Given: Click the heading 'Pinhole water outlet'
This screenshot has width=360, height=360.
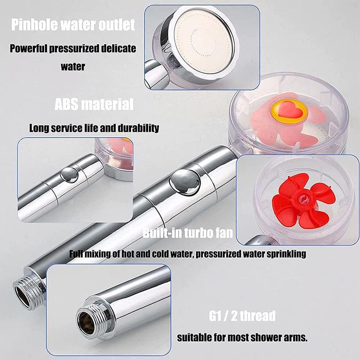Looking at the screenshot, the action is coord(73,25).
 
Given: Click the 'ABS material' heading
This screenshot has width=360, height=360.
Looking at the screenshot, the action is coord(94,104).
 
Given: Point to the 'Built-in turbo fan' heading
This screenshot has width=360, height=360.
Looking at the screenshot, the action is coord(188,233).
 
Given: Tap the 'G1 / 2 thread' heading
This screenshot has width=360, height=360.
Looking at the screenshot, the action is coord(242,316).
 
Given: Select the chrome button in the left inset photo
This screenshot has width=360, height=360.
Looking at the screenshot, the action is coord(69,175).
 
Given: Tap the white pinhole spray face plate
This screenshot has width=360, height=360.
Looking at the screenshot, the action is coord(203,42).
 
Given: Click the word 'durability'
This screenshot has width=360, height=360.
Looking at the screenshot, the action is coord(139,128).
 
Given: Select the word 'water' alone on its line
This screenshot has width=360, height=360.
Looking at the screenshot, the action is coord(73,67).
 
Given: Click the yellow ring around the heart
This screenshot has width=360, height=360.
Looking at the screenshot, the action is coord(289,111).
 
